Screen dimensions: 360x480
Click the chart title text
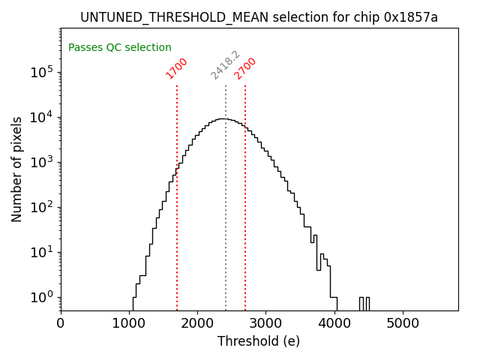point(259,17)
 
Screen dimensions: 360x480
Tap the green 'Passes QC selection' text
point(120,47)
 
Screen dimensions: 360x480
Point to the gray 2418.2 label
point(225,65)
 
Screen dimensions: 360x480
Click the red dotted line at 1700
point(177,225)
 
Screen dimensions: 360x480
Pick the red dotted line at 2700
point(245,225)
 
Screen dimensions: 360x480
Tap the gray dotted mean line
point(226,225)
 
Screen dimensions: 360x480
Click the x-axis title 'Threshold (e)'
point(259,341)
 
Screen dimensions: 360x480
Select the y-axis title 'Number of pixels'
point(16,169)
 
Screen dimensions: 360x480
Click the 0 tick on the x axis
point(61,324)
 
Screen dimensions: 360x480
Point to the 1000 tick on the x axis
point(129,324)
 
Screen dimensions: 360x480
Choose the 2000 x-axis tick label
point(197,324)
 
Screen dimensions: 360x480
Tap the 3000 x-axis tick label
point(266,324)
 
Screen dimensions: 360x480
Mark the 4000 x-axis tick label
point(334,324)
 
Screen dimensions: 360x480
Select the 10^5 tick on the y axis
point(42,72)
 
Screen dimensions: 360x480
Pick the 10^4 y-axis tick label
point(42,117)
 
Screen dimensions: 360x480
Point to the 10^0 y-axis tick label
point(42,297)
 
